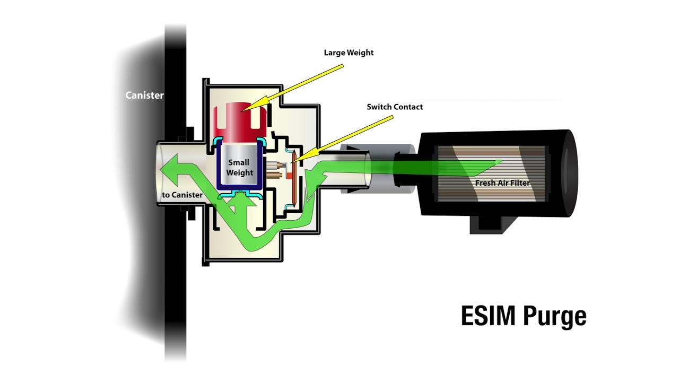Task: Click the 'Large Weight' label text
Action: [349, 53]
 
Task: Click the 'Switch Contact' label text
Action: [395, 107]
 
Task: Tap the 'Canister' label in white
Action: [144, 95]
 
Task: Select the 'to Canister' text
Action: [182, 195]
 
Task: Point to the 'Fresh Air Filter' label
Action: [502, 183]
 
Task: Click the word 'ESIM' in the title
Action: [489, 316]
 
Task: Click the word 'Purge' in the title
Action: [555, 317]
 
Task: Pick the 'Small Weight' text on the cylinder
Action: [240, 168]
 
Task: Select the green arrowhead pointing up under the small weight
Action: [240, 200]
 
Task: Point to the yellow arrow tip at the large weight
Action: [245, 109]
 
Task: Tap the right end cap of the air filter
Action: [568, 173]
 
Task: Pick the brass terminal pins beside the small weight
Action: [274, 169]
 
